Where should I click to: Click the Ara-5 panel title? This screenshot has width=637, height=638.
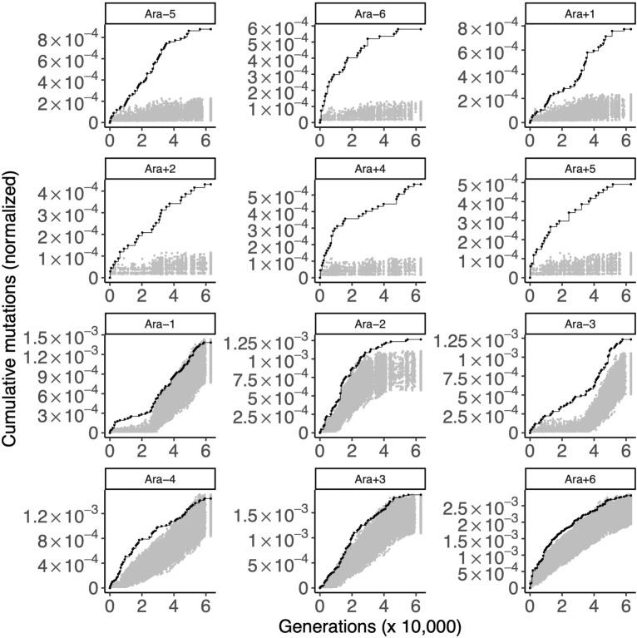pos(160,12)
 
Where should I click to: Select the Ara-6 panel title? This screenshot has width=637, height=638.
pos(370,12)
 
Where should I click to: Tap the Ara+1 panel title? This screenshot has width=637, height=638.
pos(580,12)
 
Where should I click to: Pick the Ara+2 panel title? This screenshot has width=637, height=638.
pos(160,168)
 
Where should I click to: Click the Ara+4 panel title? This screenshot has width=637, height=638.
pos(370,168)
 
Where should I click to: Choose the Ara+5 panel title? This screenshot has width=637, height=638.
pos(580,168)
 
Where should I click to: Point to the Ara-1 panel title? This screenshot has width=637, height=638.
pos(160,324)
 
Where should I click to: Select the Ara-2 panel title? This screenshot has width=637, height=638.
pos(370,324)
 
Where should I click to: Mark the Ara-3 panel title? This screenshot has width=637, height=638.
pos(580,324)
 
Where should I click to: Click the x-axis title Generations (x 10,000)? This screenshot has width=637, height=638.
pos(370,625)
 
